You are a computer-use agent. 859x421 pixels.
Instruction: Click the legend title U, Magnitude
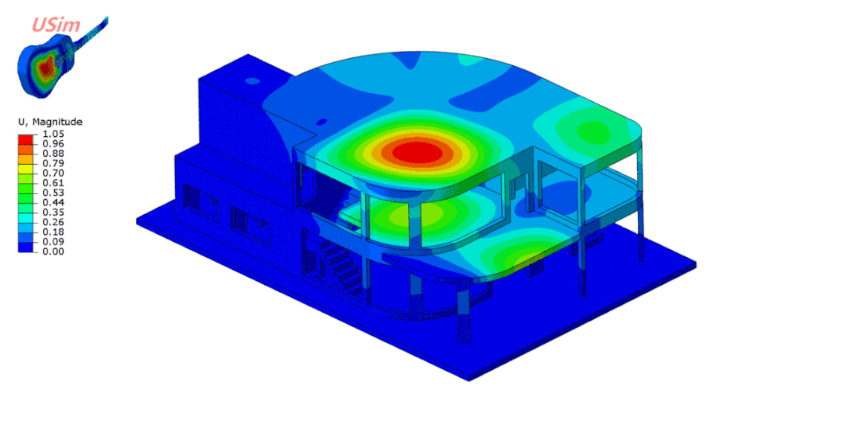click(x=50, y=122)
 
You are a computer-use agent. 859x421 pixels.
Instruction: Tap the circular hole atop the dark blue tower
click(x=252, y=80)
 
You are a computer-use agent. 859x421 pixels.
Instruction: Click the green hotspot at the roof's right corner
click(x=590, y=129)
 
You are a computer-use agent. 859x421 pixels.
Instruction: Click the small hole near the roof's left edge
click(x=322, y=122)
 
